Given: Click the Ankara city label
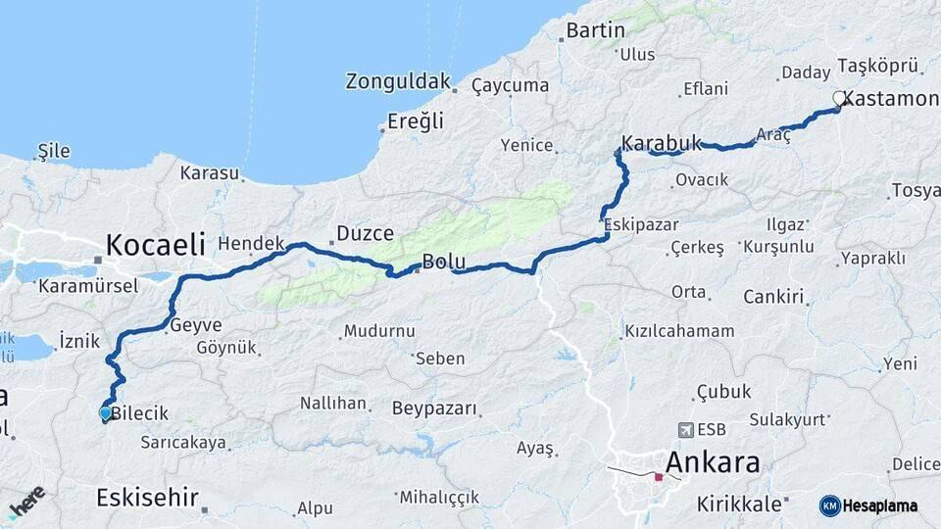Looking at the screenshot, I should [713, 462].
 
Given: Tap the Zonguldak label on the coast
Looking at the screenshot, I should [397, 81].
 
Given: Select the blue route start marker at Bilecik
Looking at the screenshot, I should [105, 413].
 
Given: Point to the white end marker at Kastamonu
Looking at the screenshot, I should [839, 98].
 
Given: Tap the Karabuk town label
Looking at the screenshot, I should [662, 144].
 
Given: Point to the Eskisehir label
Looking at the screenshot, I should [147, 497].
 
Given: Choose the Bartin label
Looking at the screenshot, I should [595, 30].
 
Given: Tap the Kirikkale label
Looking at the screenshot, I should [739, 505].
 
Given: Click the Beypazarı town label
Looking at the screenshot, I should [434, 408].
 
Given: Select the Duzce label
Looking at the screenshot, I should [365, 233].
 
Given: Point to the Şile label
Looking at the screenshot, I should [54, 151].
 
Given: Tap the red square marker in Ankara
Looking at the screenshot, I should [659, 477].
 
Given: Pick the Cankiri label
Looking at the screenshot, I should [773, 296].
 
